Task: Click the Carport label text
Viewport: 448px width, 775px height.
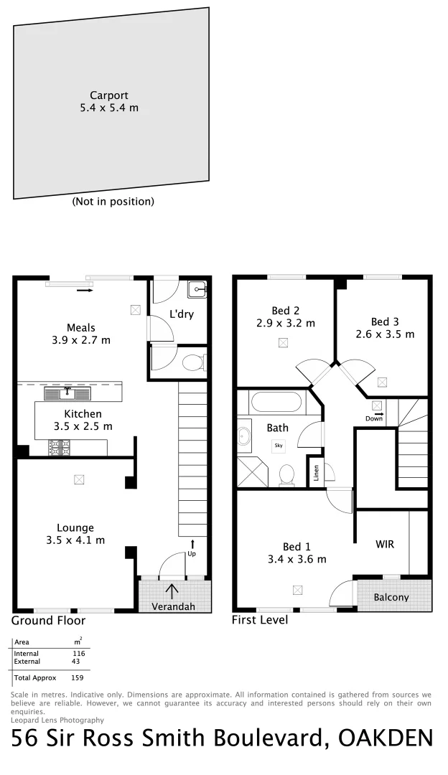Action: coord(109,95)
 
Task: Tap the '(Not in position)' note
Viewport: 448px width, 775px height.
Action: coord(113,202)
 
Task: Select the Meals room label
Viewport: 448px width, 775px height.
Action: coord(81,328)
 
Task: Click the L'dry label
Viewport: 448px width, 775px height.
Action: coord(182,314)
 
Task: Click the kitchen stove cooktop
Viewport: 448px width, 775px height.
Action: coord(59,448)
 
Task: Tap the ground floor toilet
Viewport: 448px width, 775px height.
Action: coord(194,363)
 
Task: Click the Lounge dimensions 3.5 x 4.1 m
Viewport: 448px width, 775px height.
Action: coord(81,540)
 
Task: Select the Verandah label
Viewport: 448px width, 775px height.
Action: coord(174,606)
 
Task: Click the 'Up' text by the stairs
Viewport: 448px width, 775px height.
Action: coord(192,553)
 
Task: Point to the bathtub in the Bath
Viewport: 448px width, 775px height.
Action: coord(278,400)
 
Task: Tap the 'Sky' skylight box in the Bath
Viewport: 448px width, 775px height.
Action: coord(279,446)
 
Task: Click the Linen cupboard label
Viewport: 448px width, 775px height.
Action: coord(316,475)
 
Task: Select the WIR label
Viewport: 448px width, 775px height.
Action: coord(385,544)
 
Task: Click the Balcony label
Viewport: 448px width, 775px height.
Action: coord(391,597)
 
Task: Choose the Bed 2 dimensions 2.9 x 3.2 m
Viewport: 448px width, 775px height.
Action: coord(286,323)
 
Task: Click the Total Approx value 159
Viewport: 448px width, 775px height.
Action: coord(78,677)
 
